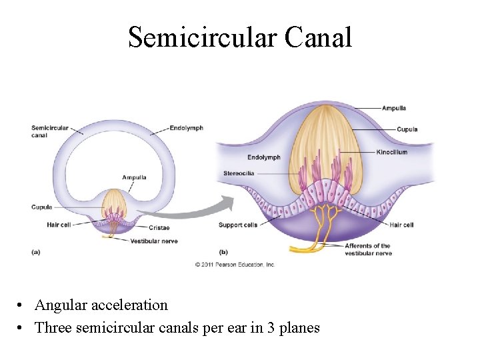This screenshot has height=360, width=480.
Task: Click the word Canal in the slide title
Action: tap(318, 37)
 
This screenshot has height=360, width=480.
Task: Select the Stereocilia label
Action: tap(237, 173)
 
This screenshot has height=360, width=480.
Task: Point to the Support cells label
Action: tap(237, 225)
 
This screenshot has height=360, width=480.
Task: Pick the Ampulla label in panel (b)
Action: tap(393, 108)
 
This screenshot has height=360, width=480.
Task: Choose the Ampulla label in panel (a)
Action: tap(134, 177)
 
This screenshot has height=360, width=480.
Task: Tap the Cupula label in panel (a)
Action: tap(41, 207)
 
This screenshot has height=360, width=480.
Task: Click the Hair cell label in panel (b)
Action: tap(401, 225)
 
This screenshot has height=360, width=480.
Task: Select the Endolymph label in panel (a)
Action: tap(186, 128)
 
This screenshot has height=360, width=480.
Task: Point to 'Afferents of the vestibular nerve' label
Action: tap(367, 249)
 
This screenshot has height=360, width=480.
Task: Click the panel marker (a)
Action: tap(36, 251)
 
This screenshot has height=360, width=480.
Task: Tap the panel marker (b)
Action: tap(223, 251)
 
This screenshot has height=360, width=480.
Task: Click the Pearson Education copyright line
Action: tap(235, 265)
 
